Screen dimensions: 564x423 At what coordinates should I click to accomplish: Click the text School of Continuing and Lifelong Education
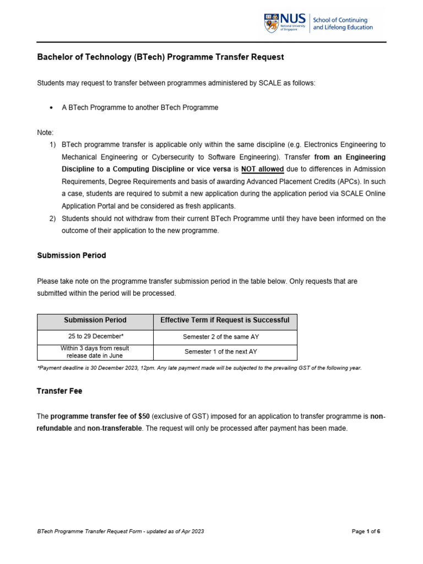343,24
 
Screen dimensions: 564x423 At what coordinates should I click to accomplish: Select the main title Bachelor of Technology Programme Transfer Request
160,57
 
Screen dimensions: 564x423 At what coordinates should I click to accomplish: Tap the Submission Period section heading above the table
71,256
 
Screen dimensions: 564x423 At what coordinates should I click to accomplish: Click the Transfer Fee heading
59,391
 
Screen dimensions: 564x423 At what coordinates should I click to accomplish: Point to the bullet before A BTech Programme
51,108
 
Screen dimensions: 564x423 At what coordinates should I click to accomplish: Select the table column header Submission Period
95,320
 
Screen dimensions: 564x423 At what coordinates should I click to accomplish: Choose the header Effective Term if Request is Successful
225,320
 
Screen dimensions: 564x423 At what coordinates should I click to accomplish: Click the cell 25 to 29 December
95,336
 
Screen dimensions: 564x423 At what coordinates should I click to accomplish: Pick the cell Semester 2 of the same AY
225,336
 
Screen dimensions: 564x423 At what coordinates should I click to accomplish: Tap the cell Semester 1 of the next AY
225,351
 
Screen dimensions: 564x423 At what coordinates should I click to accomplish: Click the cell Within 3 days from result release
95,351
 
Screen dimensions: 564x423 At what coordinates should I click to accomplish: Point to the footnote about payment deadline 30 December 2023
199,367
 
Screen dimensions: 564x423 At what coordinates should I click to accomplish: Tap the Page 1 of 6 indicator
366,532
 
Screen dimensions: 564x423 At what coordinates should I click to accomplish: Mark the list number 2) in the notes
53,219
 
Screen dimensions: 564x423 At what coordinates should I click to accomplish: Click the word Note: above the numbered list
45,133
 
